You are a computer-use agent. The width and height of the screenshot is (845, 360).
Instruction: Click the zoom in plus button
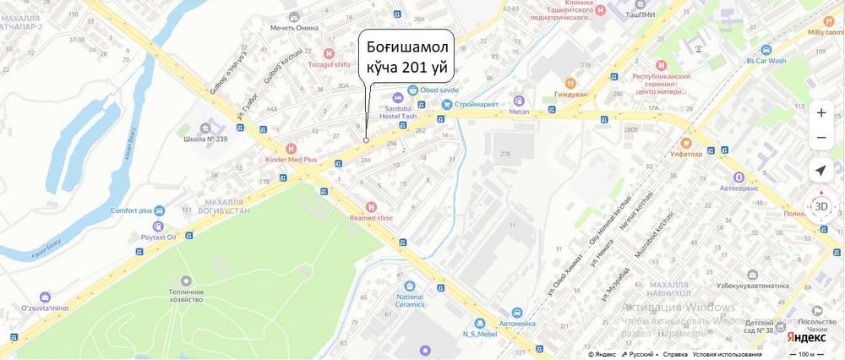[x=820, y=112]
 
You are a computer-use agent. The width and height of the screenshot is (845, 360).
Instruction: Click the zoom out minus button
[x=820, y=137]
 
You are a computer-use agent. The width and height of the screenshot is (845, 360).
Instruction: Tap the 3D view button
[x=820, y=206]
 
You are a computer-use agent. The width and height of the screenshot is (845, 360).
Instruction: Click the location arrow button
[x=820, y=171]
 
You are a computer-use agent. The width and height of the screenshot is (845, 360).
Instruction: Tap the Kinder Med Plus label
[x=291, y=159]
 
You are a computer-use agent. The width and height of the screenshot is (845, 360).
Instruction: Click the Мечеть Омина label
[x=293, y=27]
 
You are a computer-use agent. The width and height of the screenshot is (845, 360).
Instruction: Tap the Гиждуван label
[x=570, y=94]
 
